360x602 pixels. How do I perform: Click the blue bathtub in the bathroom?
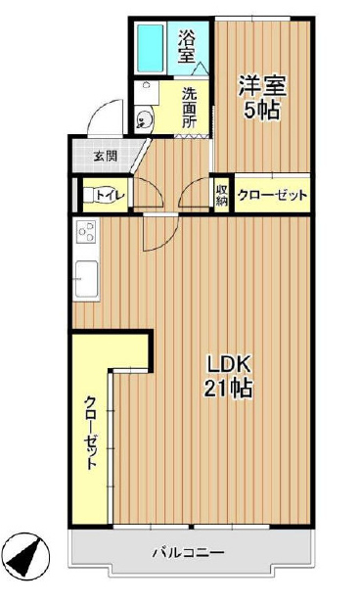151,48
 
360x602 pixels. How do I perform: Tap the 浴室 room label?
186,47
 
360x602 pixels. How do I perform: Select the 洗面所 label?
189,109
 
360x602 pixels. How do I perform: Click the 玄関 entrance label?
106,157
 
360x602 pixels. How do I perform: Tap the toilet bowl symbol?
89,195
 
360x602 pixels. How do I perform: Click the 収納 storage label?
221,194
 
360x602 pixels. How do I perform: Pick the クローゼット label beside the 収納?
273,196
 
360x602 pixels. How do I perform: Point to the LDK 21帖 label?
229,376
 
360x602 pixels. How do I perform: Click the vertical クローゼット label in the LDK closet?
91,433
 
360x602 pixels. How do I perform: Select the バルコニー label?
189,553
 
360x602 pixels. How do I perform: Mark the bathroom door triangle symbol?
201,69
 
